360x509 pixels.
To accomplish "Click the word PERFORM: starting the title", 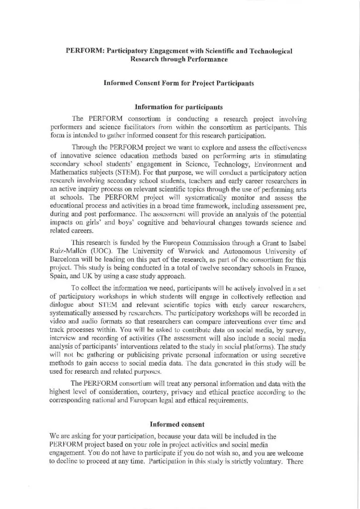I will [83, 51].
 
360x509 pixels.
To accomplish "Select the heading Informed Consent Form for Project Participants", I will [179, 84].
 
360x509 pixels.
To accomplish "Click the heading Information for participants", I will [180, 106].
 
